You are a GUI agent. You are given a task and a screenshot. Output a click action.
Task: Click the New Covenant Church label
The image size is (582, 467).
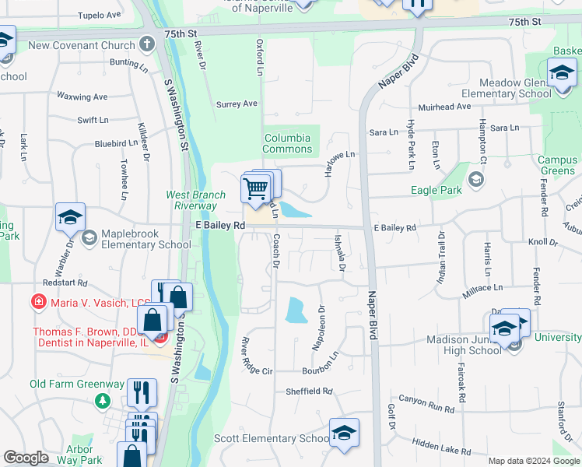(82, 45)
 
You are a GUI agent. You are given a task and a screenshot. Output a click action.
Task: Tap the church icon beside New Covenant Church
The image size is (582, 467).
(145, 44)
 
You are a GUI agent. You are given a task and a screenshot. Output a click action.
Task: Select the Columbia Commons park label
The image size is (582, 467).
(287, 143)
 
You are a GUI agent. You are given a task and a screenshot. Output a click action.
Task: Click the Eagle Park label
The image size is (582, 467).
(436, 189)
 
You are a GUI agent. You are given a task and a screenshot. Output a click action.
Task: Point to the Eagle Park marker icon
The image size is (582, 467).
(476, 182)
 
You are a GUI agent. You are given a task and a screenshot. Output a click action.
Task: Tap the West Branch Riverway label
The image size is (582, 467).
(191, 200)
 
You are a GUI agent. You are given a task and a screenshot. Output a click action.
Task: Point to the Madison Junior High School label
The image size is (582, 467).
(464, 345)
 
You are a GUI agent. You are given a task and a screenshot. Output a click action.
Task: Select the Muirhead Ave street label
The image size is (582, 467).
(444, 107)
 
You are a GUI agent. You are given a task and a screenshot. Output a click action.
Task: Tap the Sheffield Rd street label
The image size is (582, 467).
(309, 392)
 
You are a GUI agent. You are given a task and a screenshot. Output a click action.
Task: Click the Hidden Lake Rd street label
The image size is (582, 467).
(441, 447)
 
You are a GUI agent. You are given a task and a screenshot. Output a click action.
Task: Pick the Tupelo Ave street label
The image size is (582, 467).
(101, 15)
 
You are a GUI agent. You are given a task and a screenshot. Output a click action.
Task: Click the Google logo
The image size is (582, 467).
(26, 458)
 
